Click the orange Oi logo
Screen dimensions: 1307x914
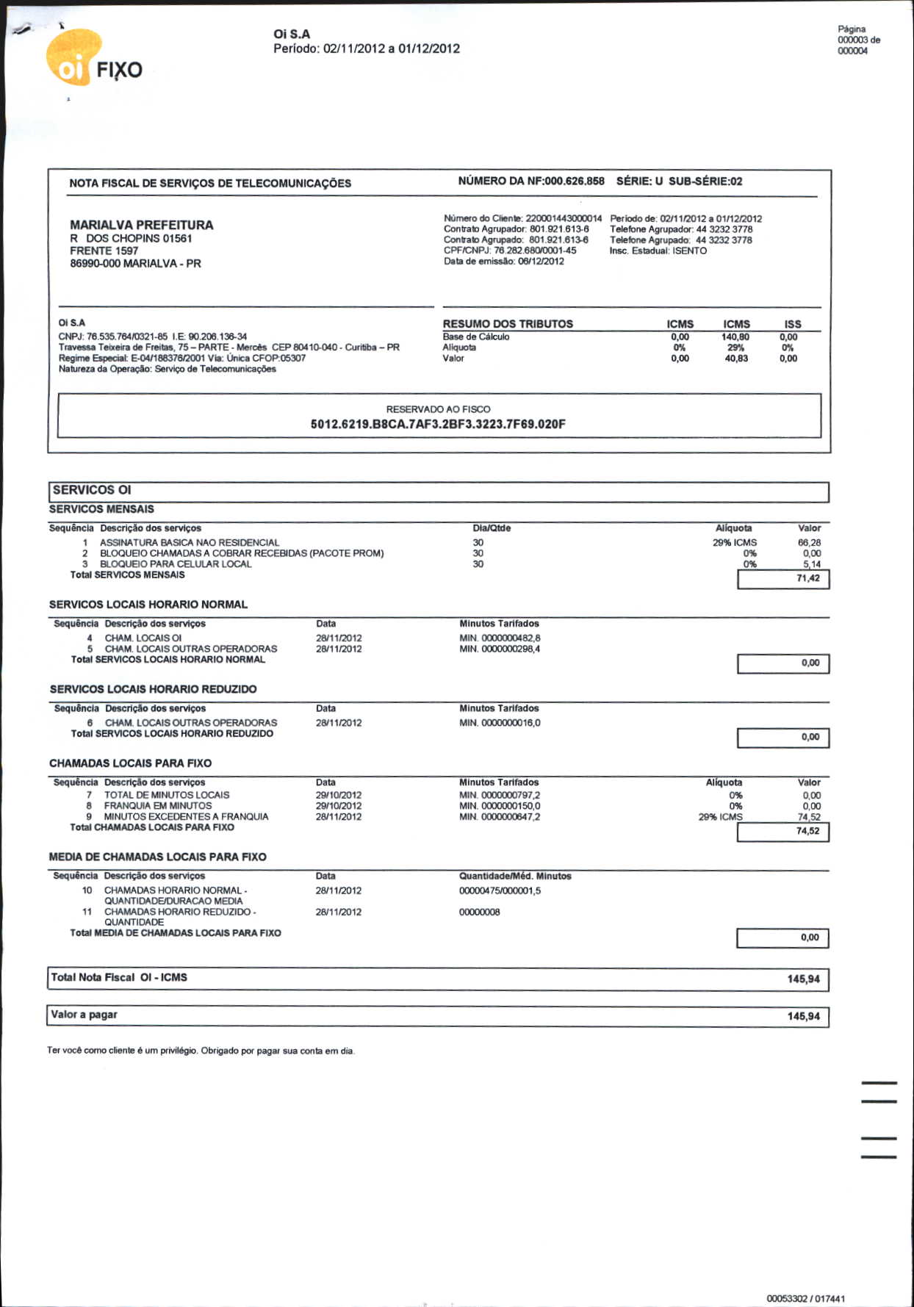(x=73, y=59)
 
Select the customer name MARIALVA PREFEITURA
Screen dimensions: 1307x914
(x=141, y=225)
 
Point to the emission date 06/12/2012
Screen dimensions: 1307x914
(x=541, y=262)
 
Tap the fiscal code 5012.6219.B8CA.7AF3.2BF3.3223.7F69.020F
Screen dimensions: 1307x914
(x=438, y=424)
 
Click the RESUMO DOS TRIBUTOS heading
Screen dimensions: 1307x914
(x=508, y=324)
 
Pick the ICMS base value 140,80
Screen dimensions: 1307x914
(x=735, y=337)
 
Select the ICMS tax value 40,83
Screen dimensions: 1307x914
(x=736, y=359)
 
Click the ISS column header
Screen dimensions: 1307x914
(x=792, y=324)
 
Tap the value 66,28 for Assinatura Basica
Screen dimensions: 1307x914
(x=809, y=543)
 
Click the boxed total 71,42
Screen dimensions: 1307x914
(x=807, y=579)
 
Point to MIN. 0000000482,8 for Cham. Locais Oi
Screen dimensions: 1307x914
(x=500, y=638)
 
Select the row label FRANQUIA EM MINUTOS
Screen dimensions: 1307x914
(x=158, y=806)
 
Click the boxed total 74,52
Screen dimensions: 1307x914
(x=807, y=832)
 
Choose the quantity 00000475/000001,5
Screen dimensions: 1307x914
(x=500, y=891)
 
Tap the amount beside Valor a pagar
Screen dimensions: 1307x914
(x=803, y=1017)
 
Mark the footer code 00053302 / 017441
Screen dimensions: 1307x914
(x=805, y=1299)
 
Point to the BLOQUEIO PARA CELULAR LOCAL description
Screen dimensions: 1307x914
(x=176, y=564)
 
